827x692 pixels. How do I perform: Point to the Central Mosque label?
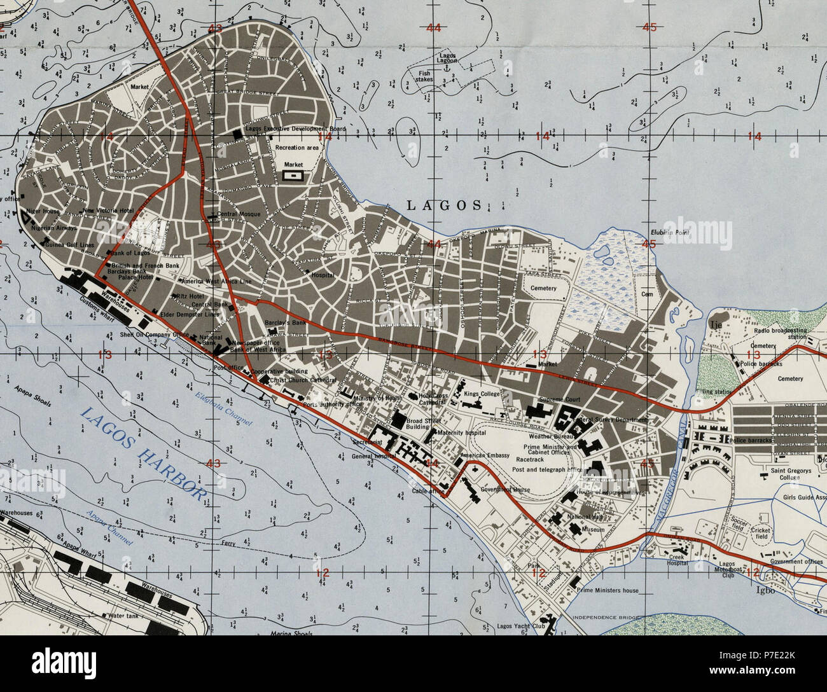239,214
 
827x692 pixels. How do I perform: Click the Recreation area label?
296,147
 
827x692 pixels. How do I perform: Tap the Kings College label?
482,394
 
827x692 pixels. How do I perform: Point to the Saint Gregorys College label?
781,474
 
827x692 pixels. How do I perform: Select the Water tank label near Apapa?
125,616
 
